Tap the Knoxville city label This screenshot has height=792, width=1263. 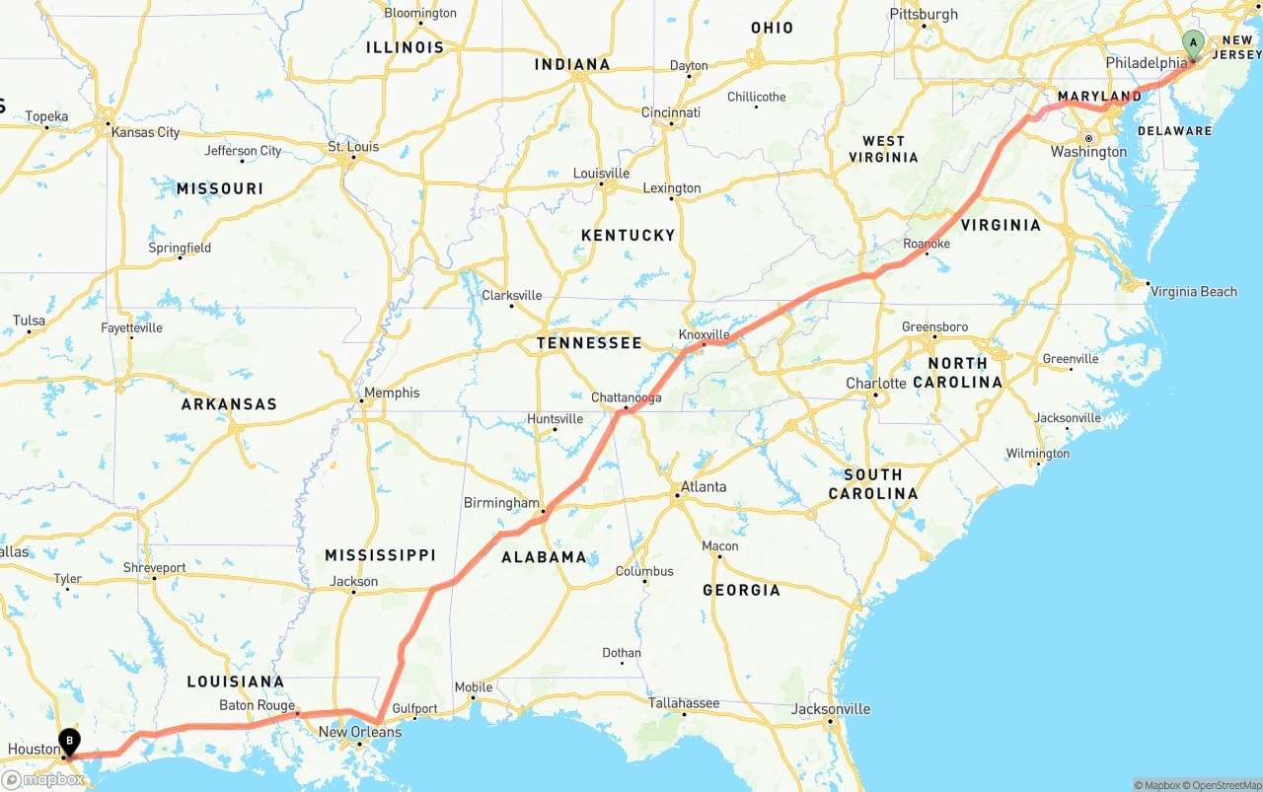[x=705, y=334]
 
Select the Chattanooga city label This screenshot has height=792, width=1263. [x=627, y=397]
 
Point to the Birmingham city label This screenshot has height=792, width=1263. [x=501, y=503]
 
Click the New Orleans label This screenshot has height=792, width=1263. [x=360, y=732]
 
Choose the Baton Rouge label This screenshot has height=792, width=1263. [x=257, y=705]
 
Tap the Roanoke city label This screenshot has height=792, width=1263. [x=927, y=244]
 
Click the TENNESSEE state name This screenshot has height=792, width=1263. [x=589, y=343]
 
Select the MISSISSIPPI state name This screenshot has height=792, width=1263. [x=380, y=555]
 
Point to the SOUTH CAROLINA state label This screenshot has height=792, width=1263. [x=872, y=483]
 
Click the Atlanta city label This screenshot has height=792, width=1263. [x=704, y=486]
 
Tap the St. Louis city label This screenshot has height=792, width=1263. [x=353, y=147]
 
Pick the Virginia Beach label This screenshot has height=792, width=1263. [x=1193, y=291]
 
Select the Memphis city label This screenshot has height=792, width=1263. [x=392, y=393]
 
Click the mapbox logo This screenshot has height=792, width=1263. [x=43, y=779]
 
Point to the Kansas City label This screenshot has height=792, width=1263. [x=145, y=132]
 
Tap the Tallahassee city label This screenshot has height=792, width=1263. [x=683, y=703]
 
